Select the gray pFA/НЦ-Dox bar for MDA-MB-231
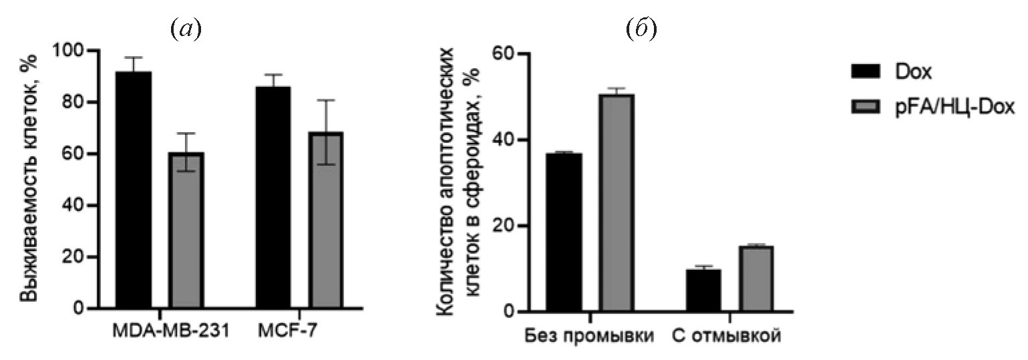[186, 230]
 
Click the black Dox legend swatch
[856, 71]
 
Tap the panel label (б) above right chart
[643, 29]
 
